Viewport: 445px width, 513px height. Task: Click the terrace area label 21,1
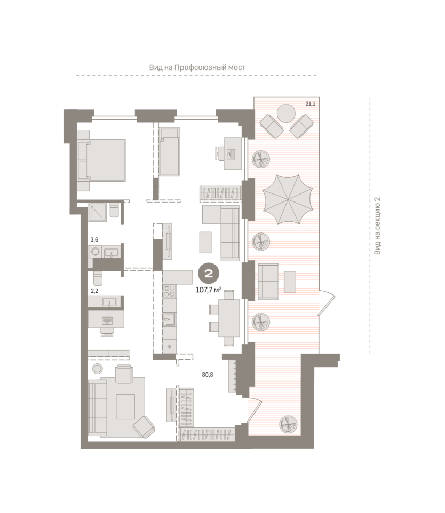[x=310, y=104]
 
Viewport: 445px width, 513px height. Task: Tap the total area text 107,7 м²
[x=209, y=290]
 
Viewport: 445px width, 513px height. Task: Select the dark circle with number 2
[x=208, y=274]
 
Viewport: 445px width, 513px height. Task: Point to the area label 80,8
[x=208, y=375]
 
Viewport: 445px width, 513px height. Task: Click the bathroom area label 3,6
[x=94, y=240]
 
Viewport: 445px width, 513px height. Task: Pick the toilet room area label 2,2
[x=94, y=291]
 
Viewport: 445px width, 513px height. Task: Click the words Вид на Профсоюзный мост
[x=197, y=67]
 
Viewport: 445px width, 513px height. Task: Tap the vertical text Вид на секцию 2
[x=377, y=226]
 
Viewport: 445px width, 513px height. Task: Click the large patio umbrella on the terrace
[x=287, y=199]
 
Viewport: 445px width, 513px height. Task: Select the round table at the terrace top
[x=286, y=113]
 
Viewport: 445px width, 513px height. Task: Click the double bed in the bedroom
[x=101, y=160]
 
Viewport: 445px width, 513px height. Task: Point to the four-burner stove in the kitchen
[x=169, y=291]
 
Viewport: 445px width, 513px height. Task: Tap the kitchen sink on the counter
[x=169, y=318]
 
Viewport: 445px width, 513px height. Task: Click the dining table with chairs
[x=226, y=317]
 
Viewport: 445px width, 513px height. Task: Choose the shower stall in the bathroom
[x=97, y=212]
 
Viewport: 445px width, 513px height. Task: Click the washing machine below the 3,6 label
[x=96, y=252]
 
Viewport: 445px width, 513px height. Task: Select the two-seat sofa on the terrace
[x=268, y=282]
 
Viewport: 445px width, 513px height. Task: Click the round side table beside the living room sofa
[x=97, y=369]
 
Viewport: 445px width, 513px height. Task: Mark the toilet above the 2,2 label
[x=98, y=278]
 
